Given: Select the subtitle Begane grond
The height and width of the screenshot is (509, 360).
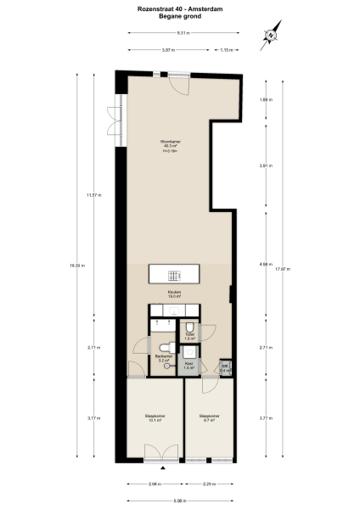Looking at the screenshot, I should pyautogui.click(x=179, y=15).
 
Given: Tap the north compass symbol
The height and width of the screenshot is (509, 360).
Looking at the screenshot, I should pyautogui.click(x=271, y=36).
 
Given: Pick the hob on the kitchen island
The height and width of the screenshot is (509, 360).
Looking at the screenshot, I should pyautogui.click(x=173, y=275).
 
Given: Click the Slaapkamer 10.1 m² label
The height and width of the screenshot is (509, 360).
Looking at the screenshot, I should pyautogui.click(x=155, y=417).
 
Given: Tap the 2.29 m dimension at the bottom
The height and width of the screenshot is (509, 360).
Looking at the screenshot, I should pyautogui.click(x=209, y=484).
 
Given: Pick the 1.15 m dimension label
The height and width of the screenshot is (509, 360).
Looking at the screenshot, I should pyautogui.click(x=225, y=50).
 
